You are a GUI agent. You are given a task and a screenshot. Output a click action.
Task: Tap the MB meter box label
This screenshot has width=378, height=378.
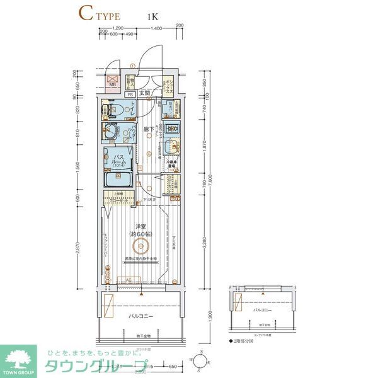pyautogui.click(x=113, y=84)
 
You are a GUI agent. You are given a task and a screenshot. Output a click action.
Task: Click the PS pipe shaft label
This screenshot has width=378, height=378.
pyautogui.click(x=129, y=94)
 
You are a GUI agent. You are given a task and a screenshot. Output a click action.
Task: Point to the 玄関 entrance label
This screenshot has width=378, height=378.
pyautogui.click(x=145, y=93)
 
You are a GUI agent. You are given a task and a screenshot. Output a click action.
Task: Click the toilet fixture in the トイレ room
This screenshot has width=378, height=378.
pyautogui.click(x=112, y=110)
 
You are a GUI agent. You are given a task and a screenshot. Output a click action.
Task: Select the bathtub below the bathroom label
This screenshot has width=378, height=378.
pyautogui.click(x=118, y=180)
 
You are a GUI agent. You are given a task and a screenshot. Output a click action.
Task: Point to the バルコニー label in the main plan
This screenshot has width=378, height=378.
pyautogui.click(x=142, y=315)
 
